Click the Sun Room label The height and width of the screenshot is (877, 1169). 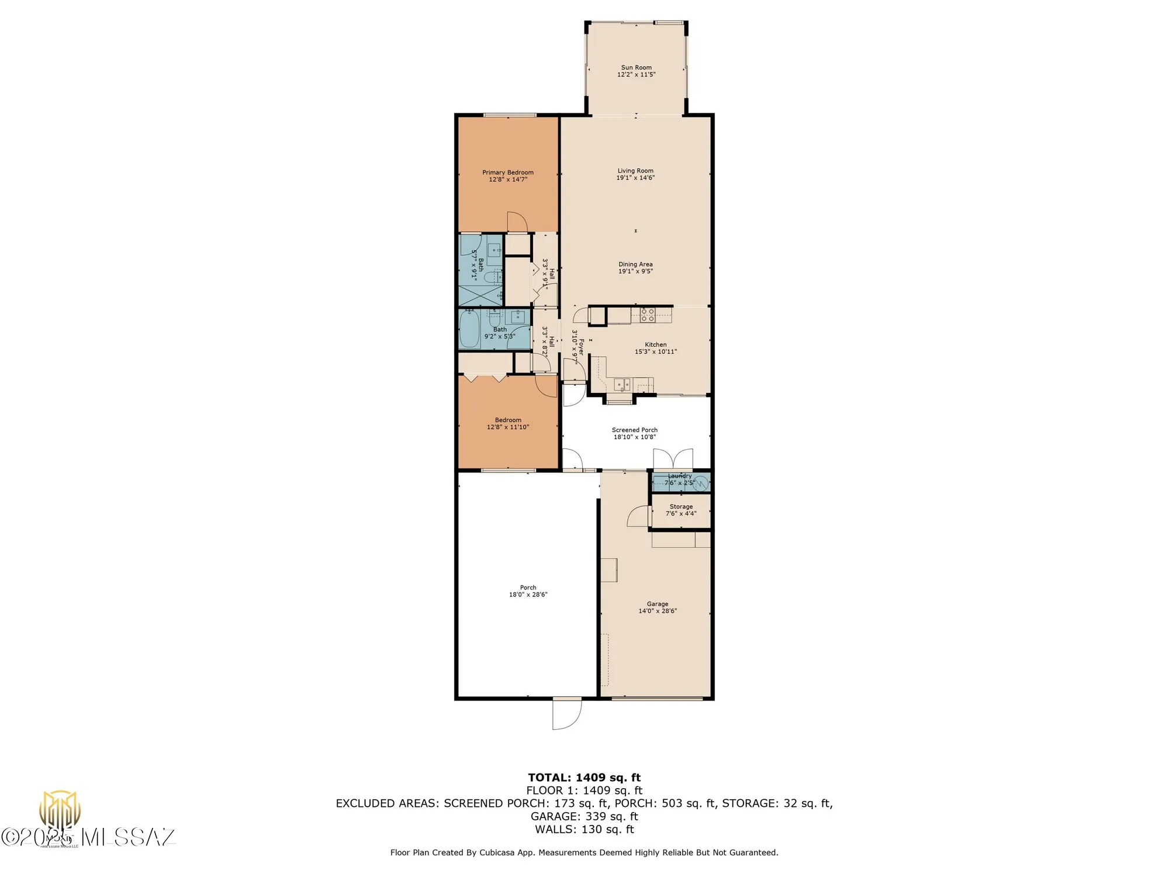click(636, 67)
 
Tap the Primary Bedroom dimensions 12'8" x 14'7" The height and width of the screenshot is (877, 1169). click(508, 179)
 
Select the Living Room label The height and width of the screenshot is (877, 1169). click(635, 171)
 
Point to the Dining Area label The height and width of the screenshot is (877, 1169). click(635, 264)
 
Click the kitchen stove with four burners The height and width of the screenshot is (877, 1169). click(647, 315)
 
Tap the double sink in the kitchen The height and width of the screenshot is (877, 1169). click(622, 384)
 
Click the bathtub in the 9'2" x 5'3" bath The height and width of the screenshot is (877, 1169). click(469, 330)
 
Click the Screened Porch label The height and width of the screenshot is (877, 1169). click(634, 430)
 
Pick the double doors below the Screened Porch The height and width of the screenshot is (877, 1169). click(673, 459)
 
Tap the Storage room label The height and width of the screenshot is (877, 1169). click(681, 506)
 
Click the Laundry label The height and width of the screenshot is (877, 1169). click(679, 476)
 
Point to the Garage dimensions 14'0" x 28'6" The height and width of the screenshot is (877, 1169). click(658, 611)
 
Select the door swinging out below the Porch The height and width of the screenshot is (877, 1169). click(567, 714)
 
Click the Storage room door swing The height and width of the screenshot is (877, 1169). click(638, 516)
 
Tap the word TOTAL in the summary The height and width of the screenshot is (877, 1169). click(549, 778)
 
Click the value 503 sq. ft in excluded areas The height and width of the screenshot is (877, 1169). click(688, 803)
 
